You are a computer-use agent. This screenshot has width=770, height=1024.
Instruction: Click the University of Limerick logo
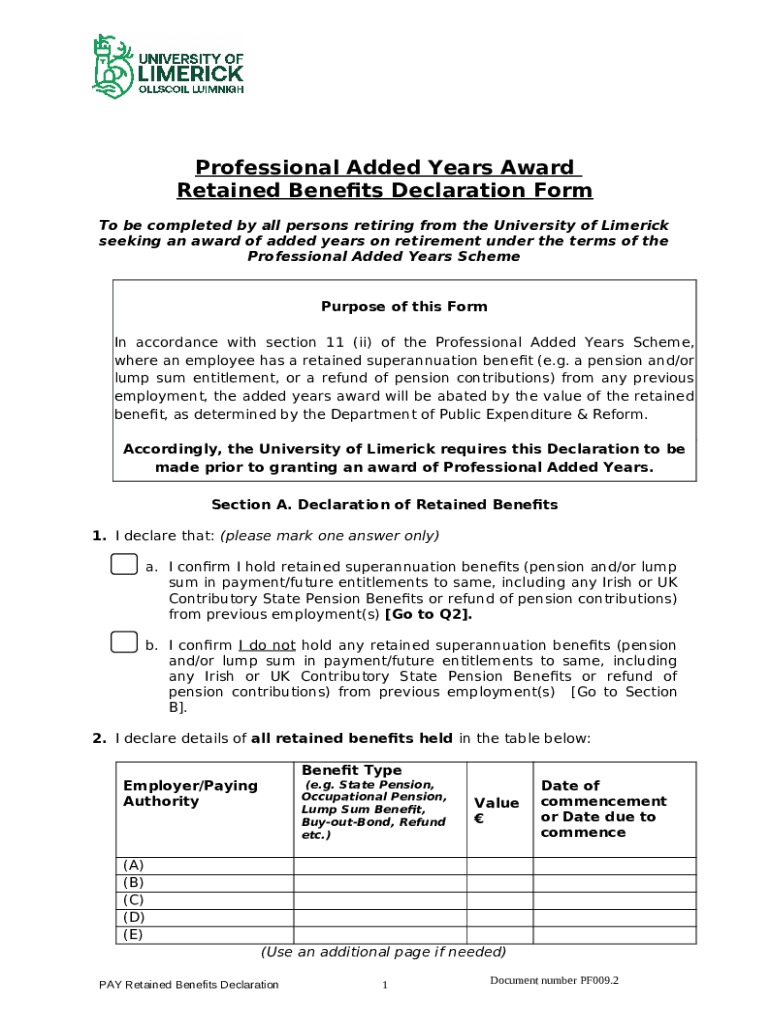(167, 64)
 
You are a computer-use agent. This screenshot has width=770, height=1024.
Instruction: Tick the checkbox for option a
(123, 566)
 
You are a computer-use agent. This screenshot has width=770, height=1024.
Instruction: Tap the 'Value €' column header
(496, 810)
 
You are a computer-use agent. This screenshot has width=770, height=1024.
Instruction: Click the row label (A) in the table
(133, 865)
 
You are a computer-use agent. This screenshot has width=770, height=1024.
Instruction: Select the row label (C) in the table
(133, 899)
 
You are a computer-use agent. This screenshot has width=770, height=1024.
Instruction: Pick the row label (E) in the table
(133, 934)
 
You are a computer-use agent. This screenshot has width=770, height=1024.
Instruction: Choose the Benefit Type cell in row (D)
(379, 917)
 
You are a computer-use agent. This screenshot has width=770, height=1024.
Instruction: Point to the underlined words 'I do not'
(266, 645)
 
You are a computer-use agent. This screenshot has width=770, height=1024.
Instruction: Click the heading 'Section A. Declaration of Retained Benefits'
(384, 504)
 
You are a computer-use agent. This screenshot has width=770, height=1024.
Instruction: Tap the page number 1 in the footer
(384, 986)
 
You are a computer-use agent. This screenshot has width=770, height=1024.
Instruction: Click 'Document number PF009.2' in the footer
(554, 980)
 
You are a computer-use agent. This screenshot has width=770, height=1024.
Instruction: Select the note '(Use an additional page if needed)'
(384, 951)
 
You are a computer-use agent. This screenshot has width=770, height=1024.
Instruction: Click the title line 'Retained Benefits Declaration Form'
(384, 190)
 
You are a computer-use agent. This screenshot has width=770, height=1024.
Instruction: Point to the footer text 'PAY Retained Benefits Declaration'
(189, 985)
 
